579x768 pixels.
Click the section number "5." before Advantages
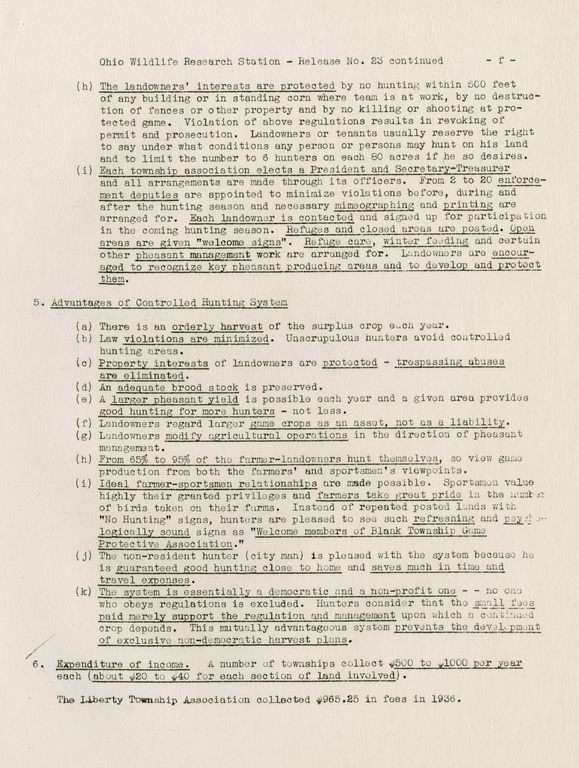[38, 302]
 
